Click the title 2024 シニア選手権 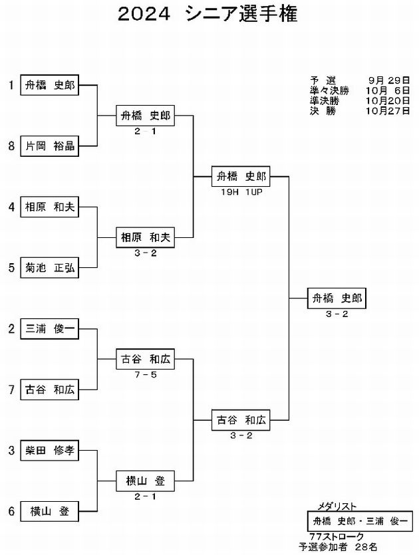pyautogui.click(x=208, y=14)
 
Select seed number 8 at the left pyautogui.click(x=12, y=146)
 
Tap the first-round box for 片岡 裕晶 pyautogui.click(x=50, y=146)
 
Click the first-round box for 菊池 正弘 pyautogui.click(x=50, y=268)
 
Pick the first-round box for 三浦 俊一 pyautogui.click(x=50, y=329)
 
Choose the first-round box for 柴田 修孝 pyautogui.click(x=50, y=451)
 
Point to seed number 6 pyautogui.click(x=12, y=511)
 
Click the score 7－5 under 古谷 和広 pyautogui.click(x=146, y=375)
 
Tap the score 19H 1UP pyautogui.click(x=241, y=192)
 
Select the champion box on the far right pyautogui.click(x=337, y=298)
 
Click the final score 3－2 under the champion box pyautogui.click(x=337, y=314)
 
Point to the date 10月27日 pyautogui.click(x=388, y=111)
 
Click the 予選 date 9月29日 pyautogui.click(x=389, y=80)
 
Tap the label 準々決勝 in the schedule pyautogui.click(x=329, y=90)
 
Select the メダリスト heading pyautogui.click(x=337, y=506)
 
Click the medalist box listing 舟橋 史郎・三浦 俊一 pyautogui.click(x=360, y=521)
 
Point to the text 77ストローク pyautogui.click(x=337, y=536)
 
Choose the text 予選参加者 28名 pyautogui.click(x=338, y=547)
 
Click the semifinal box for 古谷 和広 pyautogui.click(x=241, y=420)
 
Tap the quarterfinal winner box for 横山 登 pyautogui.click(x=145, y=481)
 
